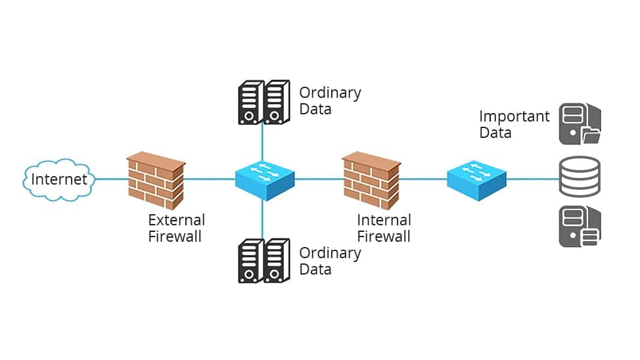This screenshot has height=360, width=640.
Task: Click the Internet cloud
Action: pos(58,179)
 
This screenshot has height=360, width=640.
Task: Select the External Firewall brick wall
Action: pos(156,181)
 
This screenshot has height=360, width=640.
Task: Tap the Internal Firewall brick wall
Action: pos(371,181)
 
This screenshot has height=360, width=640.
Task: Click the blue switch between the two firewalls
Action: pos(265,179)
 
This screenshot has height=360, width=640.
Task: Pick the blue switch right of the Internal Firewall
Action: pos(477,179)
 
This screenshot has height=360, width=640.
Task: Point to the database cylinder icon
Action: pos(580,176)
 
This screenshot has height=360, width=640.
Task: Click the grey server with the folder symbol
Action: pos(580,124)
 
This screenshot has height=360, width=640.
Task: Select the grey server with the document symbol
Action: pos(580,227)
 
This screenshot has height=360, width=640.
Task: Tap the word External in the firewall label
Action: pos(176,220)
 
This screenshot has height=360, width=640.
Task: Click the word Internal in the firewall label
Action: pos(384,220)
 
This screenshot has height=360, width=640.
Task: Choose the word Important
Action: pos(514,117)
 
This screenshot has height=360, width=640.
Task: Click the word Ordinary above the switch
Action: pos(331,93)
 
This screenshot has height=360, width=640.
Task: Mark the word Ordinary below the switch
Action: pos(331,254)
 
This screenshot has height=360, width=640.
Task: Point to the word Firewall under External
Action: pos(175,236)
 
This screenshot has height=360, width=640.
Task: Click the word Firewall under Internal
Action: pos(384,236)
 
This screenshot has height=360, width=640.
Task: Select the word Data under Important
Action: pos(495,133)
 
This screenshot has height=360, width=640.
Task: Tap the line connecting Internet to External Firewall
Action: pos(111,179)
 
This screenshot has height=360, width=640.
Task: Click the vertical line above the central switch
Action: pos(262,142)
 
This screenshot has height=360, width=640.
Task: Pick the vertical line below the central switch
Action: pos(262,220)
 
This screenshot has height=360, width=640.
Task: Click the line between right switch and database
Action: pos(533,179)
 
